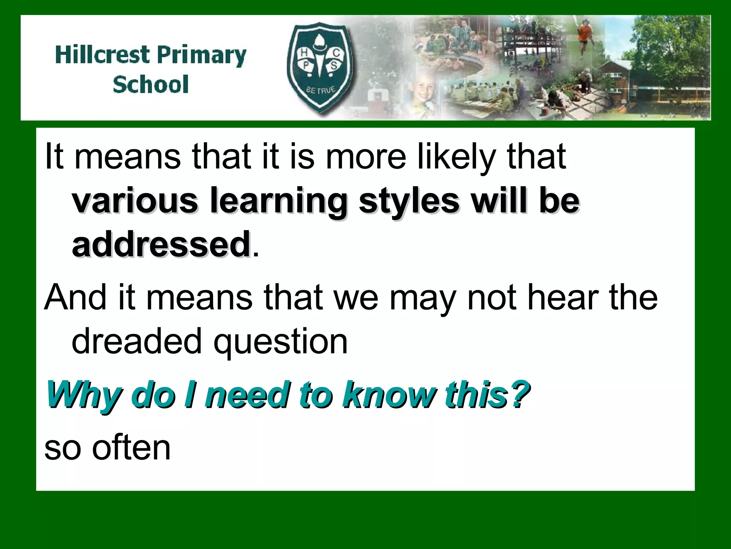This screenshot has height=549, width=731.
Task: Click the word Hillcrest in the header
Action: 103,55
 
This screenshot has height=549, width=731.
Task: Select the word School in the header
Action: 151,85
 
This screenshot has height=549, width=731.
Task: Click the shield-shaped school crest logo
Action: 320,68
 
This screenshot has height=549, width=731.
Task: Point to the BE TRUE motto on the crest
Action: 321,90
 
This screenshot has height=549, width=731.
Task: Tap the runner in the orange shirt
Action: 584,38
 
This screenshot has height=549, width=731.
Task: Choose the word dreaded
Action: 137,341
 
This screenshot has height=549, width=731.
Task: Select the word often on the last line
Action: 131,447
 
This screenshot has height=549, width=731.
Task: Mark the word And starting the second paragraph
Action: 75,298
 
